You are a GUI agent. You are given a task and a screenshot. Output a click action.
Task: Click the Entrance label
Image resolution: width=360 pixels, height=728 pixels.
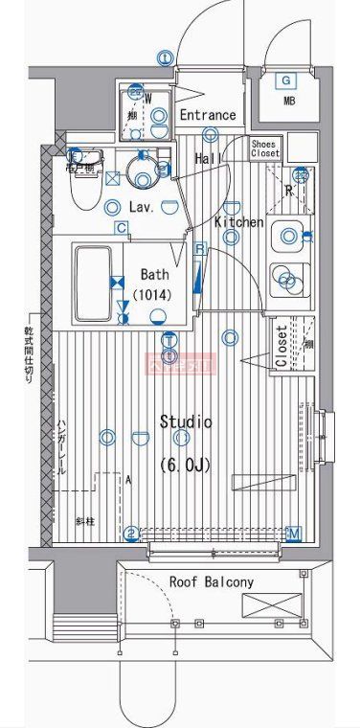tap(207, 115)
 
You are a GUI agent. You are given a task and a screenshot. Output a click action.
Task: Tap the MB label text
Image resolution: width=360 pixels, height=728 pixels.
tap(288, 101)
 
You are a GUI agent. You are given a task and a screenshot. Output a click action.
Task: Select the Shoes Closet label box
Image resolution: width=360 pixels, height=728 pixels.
tap(265, 148)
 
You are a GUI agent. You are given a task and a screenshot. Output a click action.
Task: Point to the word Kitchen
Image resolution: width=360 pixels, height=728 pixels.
tap(238, 222)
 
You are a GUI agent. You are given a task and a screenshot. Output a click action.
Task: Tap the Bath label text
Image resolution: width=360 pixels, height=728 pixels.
tap(153, 274)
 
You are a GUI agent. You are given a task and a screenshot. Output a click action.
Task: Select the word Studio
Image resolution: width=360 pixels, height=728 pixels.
tap(186, 421)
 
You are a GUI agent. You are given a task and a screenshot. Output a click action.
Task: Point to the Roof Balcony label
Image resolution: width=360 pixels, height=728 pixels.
tap(211, 582)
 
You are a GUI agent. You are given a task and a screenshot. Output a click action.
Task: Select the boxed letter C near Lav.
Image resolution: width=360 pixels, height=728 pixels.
tap(121, 227)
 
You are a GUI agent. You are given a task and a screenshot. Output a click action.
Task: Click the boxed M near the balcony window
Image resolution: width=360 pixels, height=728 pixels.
tap(294, 534)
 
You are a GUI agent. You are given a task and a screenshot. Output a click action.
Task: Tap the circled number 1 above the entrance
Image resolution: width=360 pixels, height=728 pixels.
tap(166, 58)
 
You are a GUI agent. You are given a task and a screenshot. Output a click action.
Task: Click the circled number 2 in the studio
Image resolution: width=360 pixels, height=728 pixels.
tap(132, 534)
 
